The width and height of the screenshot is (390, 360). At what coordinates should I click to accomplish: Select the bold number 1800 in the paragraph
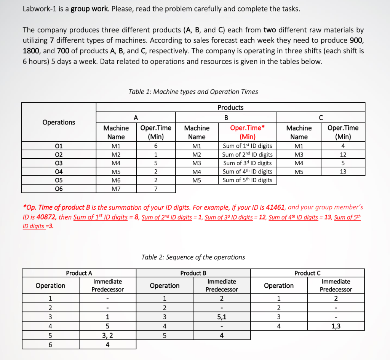32,51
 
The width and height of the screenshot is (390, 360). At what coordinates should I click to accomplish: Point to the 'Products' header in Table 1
230,107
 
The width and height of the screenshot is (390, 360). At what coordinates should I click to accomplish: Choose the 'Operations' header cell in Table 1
59,122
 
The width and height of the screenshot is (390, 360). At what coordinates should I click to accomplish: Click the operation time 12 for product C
343,155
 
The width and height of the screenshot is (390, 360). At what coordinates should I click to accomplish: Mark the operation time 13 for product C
343,172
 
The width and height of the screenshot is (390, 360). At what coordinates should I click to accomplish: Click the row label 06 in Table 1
59,189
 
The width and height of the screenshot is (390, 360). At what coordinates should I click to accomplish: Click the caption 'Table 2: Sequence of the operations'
193,257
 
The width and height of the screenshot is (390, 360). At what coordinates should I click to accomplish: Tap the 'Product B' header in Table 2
193,273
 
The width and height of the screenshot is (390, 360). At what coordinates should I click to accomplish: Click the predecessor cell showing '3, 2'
107,335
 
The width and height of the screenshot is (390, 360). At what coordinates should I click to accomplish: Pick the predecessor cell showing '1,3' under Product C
336,326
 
